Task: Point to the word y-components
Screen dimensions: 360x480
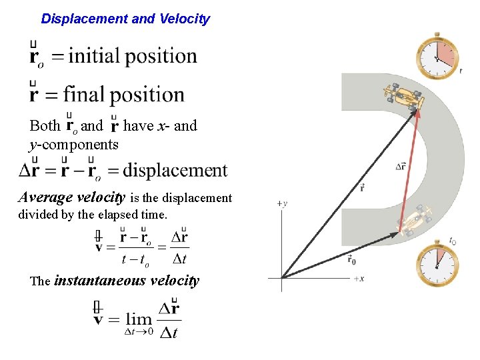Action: (73, 144)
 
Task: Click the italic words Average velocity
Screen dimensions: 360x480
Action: (72, 197)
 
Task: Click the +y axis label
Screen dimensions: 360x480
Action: (283, 203)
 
